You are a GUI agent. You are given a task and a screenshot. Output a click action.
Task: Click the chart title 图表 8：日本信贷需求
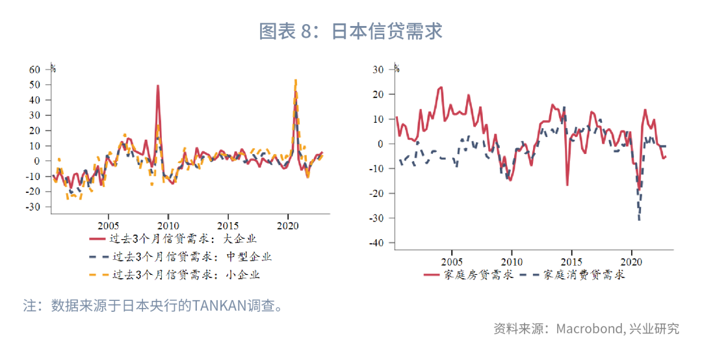coord(351,31)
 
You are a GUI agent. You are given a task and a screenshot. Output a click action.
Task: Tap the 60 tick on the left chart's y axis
coord(34,69)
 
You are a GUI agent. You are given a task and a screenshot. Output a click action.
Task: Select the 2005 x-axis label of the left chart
coord(108,225)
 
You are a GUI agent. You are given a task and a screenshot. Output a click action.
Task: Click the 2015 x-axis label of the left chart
coord(228,225)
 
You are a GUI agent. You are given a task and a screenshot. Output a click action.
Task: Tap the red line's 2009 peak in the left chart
coord(158,85)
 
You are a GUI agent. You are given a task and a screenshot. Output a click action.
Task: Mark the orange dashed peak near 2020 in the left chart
coord(296,80)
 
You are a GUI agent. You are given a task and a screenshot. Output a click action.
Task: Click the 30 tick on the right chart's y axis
coord(378,69)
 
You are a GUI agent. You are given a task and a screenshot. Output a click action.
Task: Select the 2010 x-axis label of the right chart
coord(512,262)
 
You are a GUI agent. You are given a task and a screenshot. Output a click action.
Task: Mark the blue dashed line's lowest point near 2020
coord(640,220)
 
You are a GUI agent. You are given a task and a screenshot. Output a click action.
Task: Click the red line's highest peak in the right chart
coord(441,87)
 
